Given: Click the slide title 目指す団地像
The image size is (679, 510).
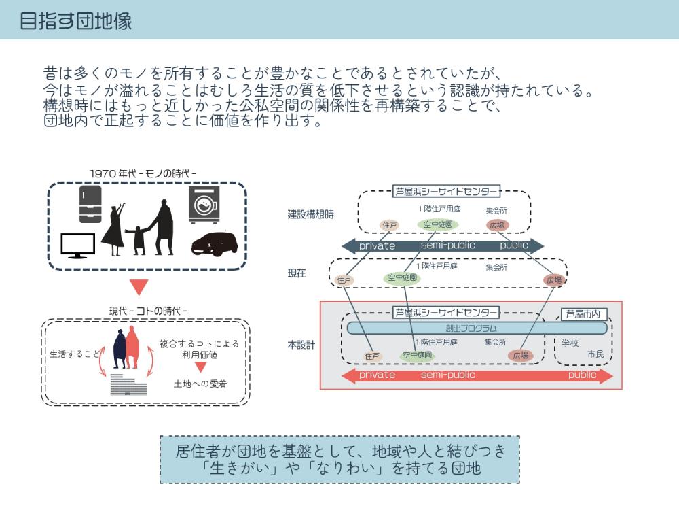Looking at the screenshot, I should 76,21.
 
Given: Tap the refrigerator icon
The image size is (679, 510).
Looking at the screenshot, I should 90,204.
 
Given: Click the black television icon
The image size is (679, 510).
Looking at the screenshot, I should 77,245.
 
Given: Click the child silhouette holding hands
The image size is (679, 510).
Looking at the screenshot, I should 140,240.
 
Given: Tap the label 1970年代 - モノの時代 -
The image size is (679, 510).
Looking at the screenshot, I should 143,173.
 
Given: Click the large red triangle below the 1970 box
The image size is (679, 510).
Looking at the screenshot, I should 139,287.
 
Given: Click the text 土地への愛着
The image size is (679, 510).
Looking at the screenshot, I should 200,384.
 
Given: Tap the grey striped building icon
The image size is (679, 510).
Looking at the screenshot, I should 128,385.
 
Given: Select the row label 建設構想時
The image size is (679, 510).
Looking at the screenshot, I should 311,214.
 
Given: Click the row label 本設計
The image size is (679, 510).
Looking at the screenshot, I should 301,345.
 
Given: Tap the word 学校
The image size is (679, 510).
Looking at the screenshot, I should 570,342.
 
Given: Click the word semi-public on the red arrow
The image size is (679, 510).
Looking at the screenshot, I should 448,375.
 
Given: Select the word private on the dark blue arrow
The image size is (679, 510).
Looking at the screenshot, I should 377,245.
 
